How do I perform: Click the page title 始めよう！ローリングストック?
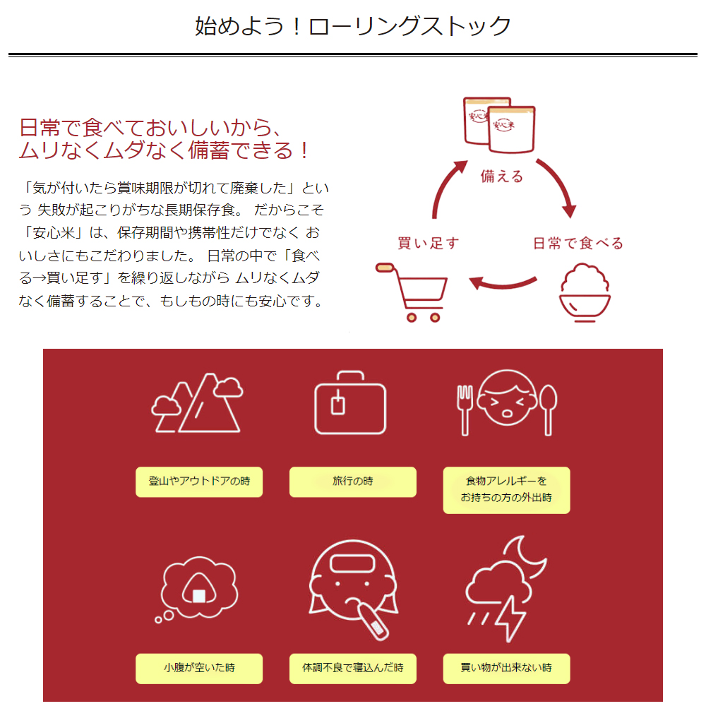pyautogui.click(x=353, y=27)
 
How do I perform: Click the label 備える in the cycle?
pyautogui.click(x=502, y=176)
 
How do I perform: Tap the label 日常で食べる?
pyautogui.click(x=578, y=244)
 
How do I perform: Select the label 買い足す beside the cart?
pyautogui.click(x=429, y=244)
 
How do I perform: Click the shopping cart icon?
pyautogui.click(x=415, y=291)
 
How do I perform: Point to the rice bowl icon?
pyautogui.click(x=585, y=292)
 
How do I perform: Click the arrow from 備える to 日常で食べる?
pyautogui.click(x=558, y=187)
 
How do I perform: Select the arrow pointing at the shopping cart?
pyautogui.click(x=501, y=284)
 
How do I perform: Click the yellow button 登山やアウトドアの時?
pyautogui.click(x=199, y=481)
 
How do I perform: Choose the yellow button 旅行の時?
pyautogui.click(x=353, y=481)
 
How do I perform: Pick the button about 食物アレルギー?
pyautogui.click(x=506, y=489)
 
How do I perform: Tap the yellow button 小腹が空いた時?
pyautogui.click(x=199, y=668)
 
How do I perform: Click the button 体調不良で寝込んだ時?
pyautogui.click(x=353, y=668)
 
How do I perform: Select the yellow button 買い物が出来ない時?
pyautogui.click(x=506, y=668)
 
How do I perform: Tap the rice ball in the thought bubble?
pyautogui.click(x=199, y=589)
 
